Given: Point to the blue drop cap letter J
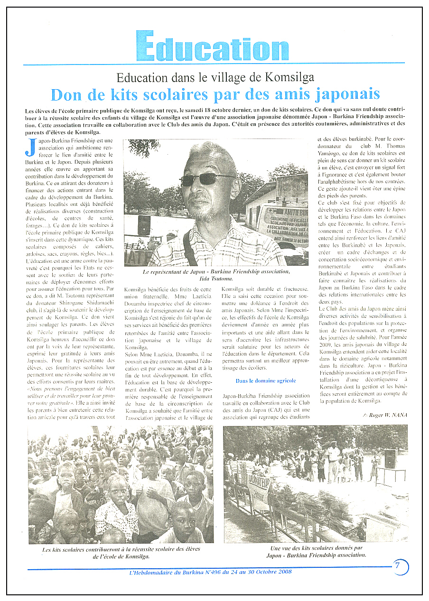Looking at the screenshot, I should [30, 147].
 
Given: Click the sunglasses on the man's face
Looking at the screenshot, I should [208, 180].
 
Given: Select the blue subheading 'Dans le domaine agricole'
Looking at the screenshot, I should [265, 380].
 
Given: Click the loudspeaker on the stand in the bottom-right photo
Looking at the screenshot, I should [390, 458].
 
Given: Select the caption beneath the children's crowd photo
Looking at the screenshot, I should [121, 553].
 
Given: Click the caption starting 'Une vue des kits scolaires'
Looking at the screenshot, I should [315, 552].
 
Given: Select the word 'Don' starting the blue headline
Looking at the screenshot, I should [65, 94].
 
